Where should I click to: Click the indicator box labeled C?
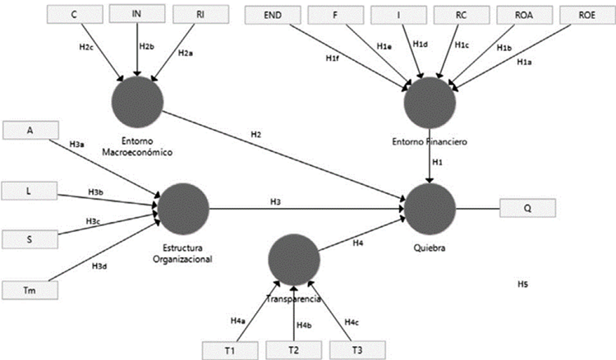pyautogui.click(x=75, y=14)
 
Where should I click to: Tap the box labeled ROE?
pyautogui.click(x=586, y=14)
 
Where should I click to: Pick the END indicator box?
pyautogui.click(x=273, y=14)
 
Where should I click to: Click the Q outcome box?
pyautogui.click(x=527, y=208)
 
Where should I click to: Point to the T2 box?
pyautogui.click(x=293, y=348)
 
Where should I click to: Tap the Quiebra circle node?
pyautogui.click(x=430, y=208)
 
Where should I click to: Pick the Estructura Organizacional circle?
pyautogui.click(x=183, y=208)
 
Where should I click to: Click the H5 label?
pyautogui.click(x=522, y=284)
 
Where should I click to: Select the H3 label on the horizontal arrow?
pyautogui.click(x=276, y=201)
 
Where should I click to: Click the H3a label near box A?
pyautogui.click(x=76, y=144)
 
